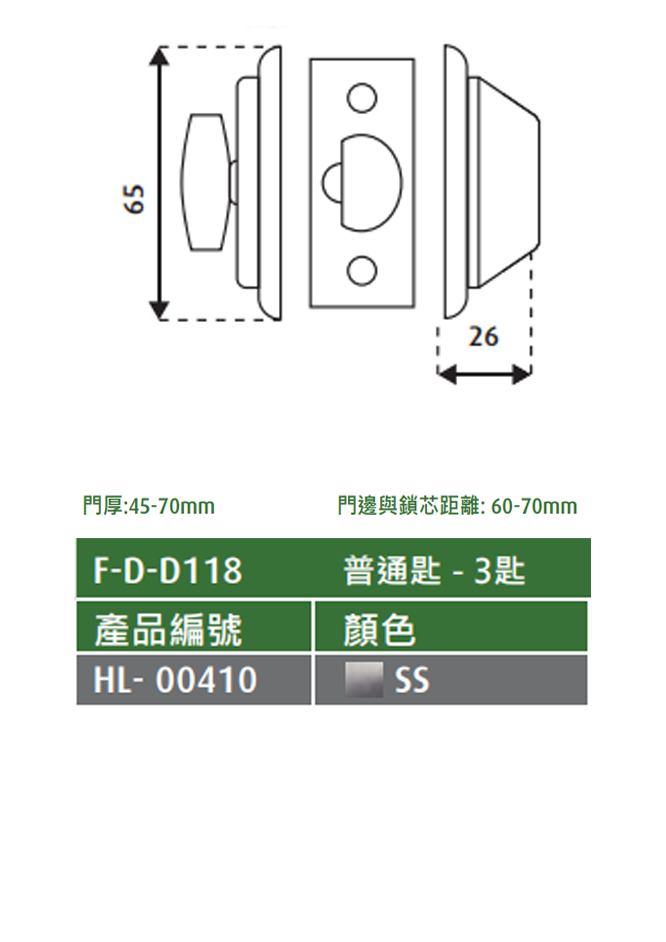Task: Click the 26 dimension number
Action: (x=484, y=337)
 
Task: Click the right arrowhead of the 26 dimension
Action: (x=522, y=374)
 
